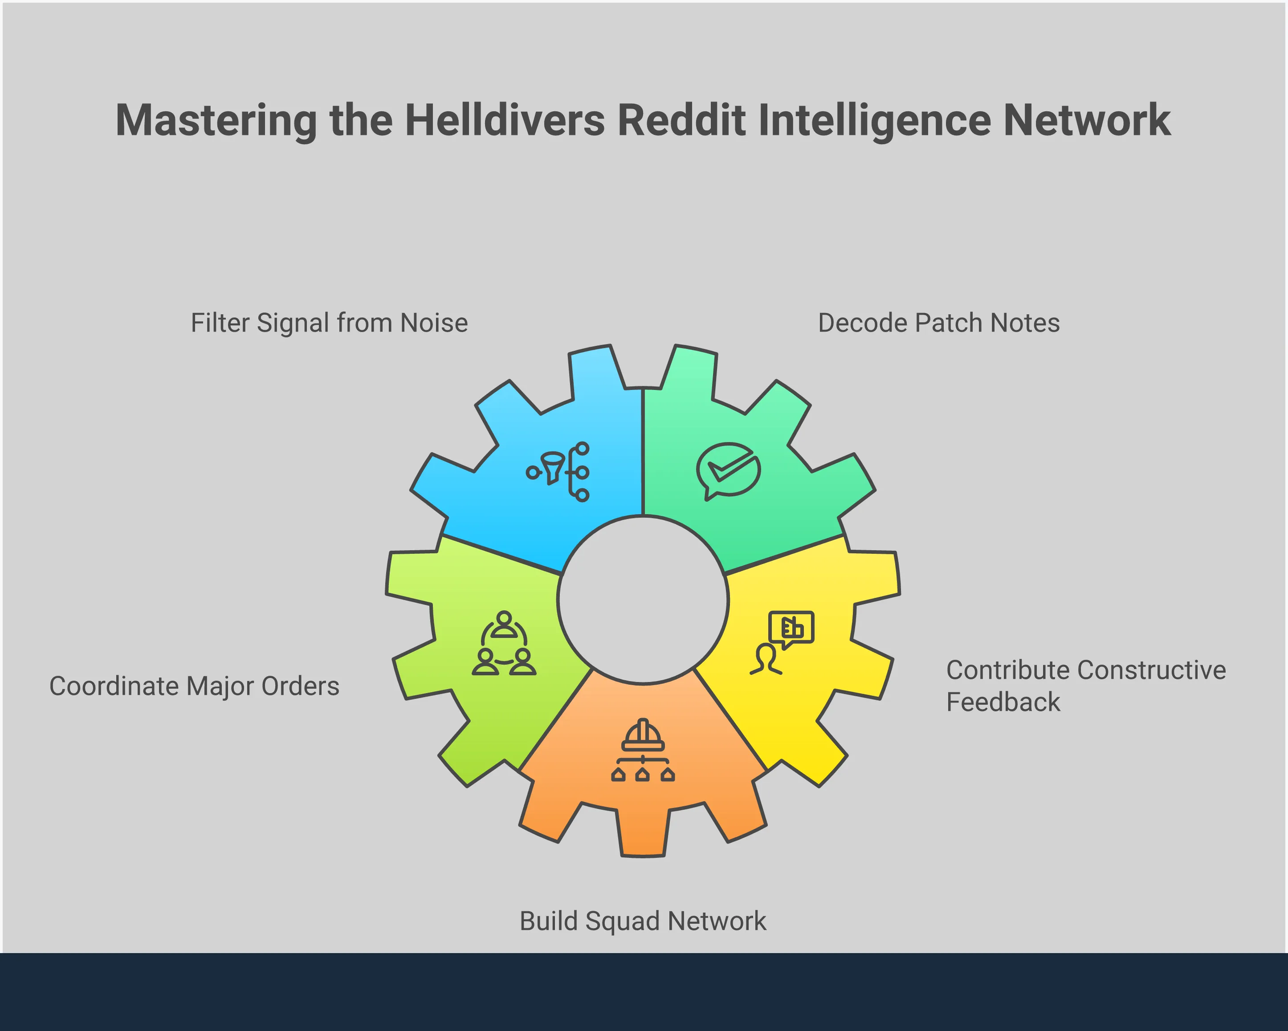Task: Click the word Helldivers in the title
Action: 505,121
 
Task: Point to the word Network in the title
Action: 1087,121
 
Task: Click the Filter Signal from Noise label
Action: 329,323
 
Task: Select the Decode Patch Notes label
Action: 938,323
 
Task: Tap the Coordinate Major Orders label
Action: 194,686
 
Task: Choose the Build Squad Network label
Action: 643,921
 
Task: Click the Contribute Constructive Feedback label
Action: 1085,686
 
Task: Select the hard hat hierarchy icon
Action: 643,751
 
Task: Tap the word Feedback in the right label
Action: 1003,702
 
